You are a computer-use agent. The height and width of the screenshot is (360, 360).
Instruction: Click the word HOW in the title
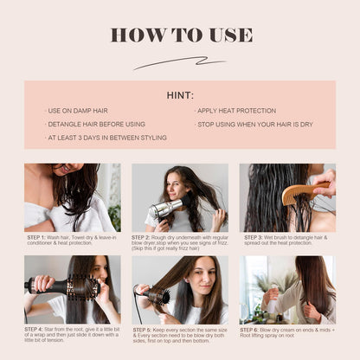(x=133, y=35)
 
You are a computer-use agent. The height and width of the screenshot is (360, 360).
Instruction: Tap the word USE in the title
(x=229, y=35)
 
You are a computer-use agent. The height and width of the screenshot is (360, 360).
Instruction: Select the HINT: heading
(x=180, y=95)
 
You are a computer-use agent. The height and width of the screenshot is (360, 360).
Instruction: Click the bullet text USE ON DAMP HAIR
(x=77, y=112)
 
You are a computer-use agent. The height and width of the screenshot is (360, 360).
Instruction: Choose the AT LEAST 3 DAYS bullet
(x=106, y=138)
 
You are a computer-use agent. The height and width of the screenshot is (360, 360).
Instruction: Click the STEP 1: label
(x=35, y=236)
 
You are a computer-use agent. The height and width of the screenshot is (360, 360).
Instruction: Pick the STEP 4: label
(x=35, y=329)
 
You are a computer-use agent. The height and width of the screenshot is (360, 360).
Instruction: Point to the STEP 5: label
(x=143, y=329)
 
